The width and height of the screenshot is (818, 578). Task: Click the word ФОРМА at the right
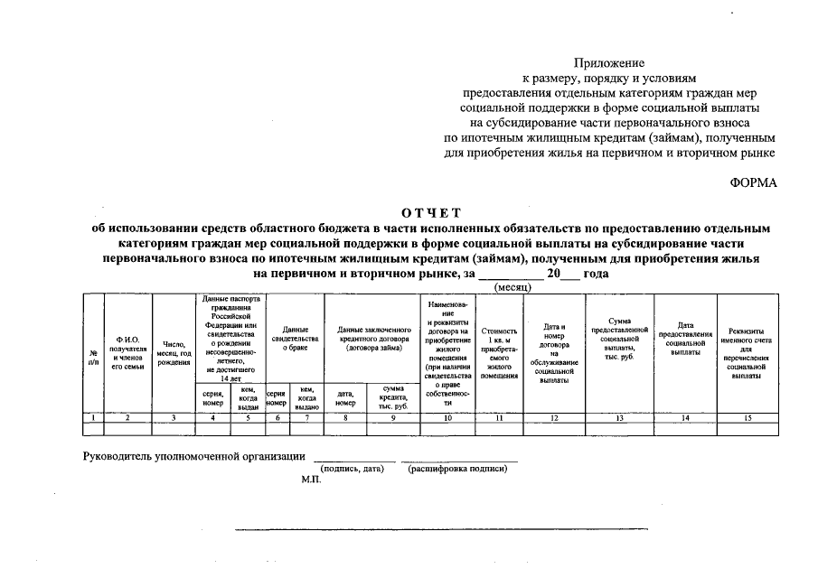[x=753, y=182]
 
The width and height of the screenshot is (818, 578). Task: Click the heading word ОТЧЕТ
[x=431, y=213]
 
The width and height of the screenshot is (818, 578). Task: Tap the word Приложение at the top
[x=609, y=63]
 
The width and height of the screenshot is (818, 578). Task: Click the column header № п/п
[x=93, y=357]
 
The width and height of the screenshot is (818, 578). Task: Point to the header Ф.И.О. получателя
[x=127, y=351]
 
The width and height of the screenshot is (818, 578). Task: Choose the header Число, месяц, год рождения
[x=174, y=352]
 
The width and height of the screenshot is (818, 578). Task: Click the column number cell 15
[x=746, y=417]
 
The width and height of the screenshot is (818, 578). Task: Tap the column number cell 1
[x=93, y=417]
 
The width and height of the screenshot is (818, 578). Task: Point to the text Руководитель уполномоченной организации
[x=193, y=456]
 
